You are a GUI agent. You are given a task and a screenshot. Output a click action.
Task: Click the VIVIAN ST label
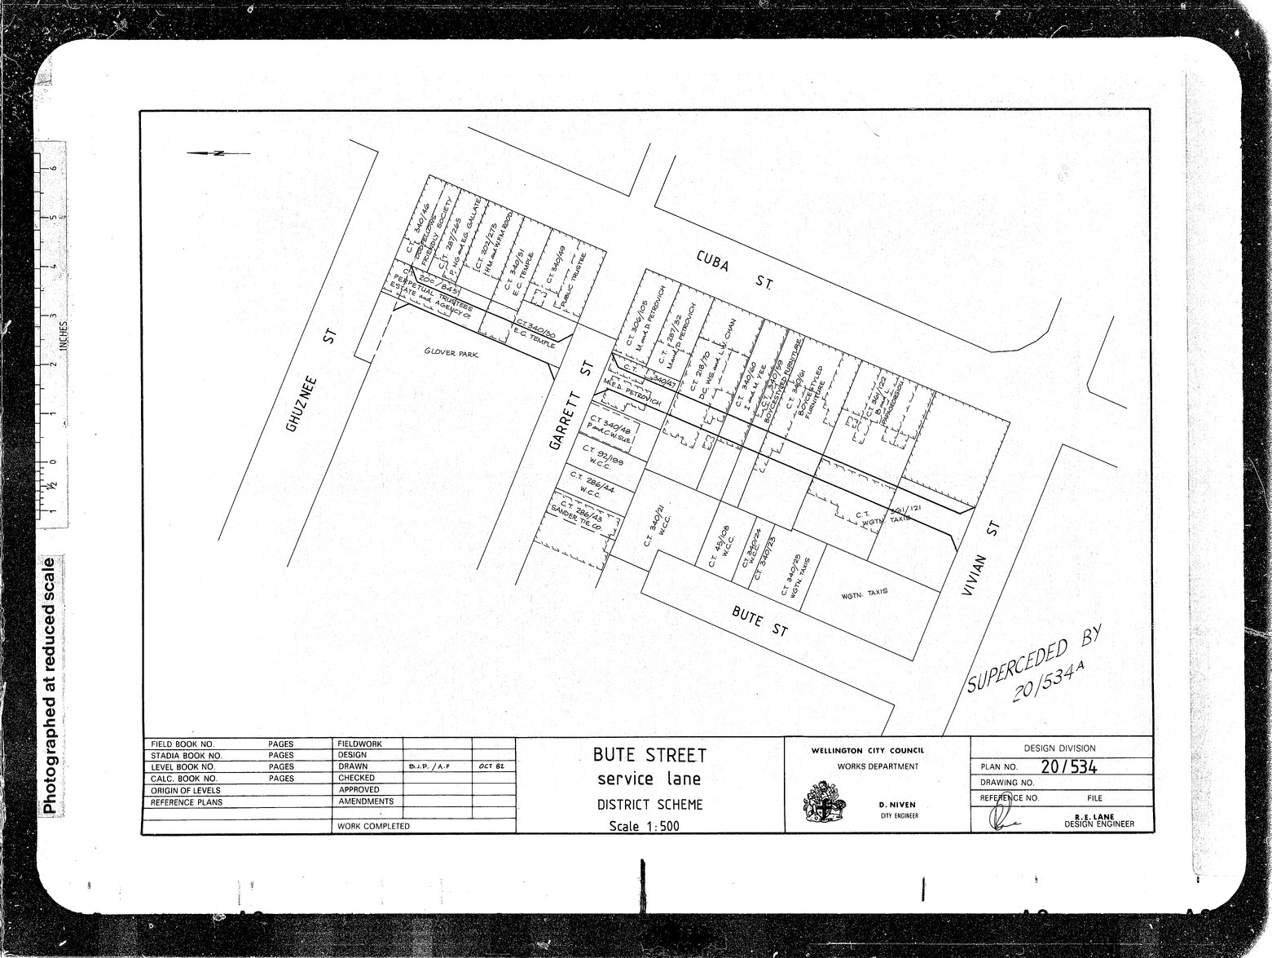(981, 562)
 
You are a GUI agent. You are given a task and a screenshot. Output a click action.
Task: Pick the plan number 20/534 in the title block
(1069, 767)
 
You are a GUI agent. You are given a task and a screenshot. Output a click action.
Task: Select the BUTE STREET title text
(649, 755)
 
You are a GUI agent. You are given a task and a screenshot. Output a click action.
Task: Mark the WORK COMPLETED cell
(372, 826)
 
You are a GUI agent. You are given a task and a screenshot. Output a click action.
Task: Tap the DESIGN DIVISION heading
(1059, 748)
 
